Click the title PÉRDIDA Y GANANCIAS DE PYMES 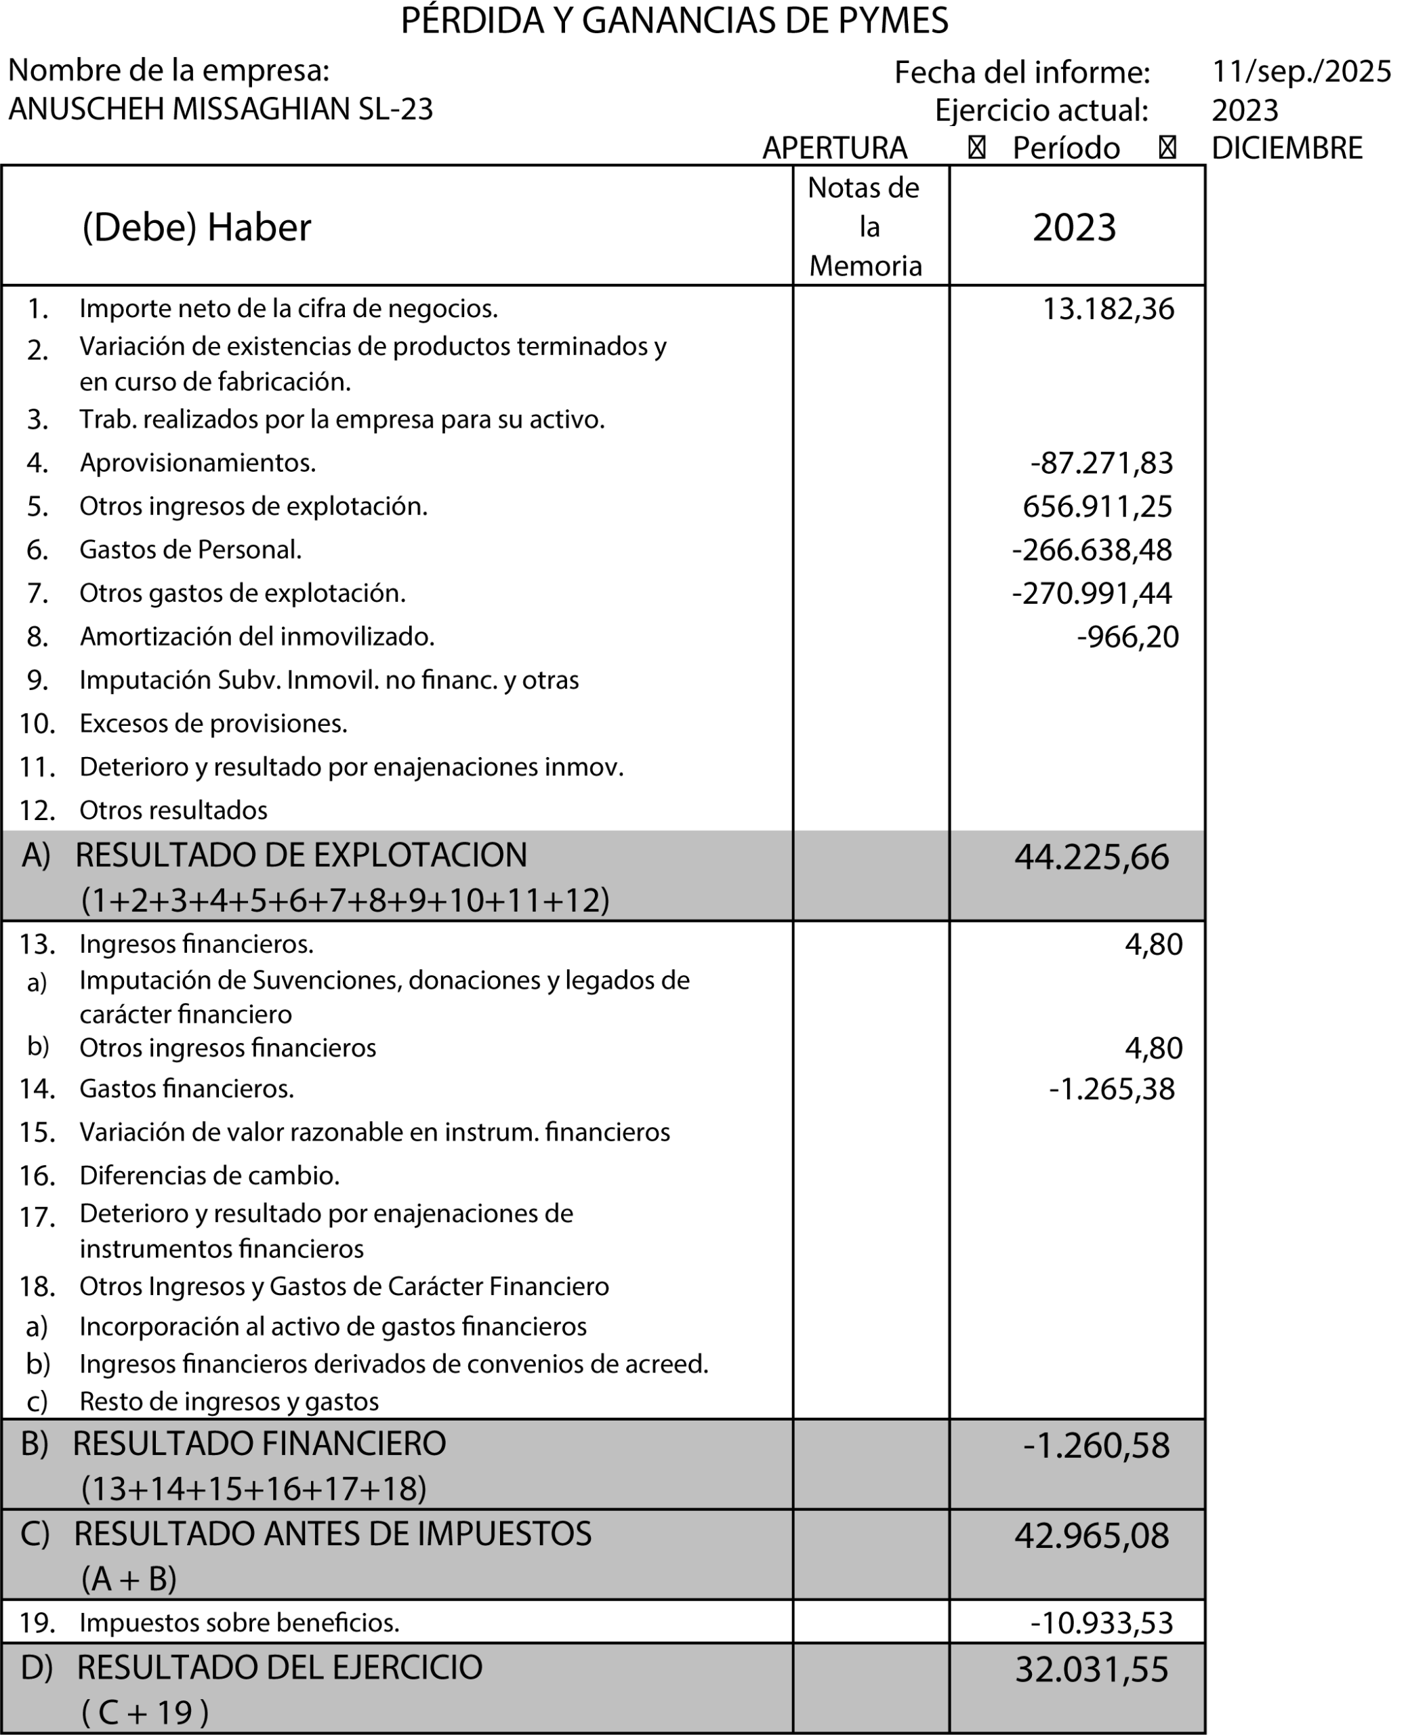tap(674, 21)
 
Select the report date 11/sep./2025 tap(1301, 73)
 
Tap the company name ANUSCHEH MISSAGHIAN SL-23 tap(221, 108)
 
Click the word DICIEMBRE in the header tap(1286, 148)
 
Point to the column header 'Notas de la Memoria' tap(865, 227)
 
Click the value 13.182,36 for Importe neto tap(1108, 309)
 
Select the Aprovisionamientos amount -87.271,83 tap(1102, 463)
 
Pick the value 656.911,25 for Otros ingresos tap(1098, 507)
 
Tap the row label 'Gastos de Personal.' tap(190, 550)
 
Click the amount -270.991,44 tap(1092, 594)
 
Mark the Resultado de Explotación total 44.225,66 tap(1092, 857)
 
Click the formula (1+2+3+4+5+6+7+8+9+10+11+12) tap(346, 900)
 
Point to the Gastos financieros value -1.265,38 tap(1111, 1089)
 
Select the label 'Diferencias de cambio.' tap(209, 1175)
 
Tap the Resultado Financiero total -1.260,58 tap(1096, 1446)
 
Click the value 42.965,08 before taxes tap(1092, 1536)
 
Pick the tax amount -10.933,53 tap(1102, 1623)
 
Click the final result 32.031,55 tap(1092, 1669)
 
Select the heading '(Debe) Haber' tap(196, 227)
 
